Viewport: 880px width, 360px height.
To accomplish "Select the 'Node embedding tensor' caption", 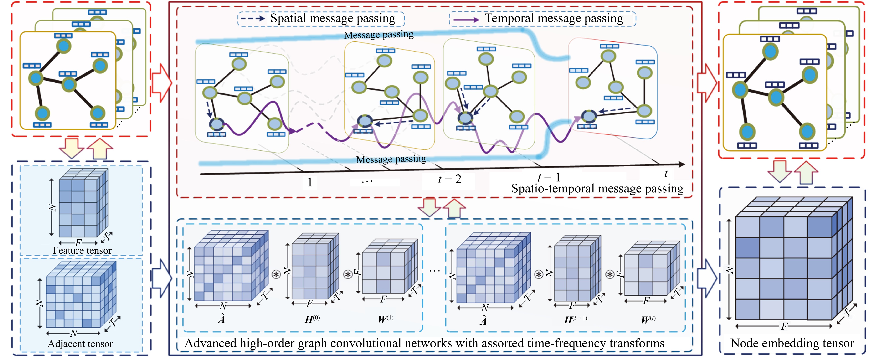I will [x=792, y=343].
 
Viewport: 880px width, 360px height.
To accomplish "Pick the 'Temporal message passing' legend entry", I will [x=554, y=18].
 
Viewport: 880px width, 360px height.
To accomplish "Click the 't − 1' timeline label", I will [x=549, y=178].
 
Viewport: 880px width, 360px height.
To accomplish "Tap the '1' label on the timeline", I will [x=309, y=182].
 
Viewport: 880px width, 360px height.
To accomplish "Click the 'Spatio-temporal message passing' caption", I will [x=597, y=188].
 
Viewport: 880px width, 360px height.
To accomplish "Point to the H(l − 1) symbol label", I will [x=575, y=320].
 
